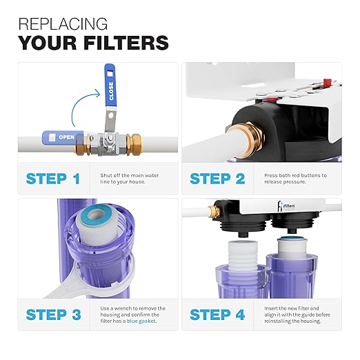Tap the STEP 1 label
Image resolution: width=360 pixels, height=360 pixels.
(52, 179)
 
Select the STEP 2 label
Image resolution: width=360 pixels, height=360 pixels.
(217, 179)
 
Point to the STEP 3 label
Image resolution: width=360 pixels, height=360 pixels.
(53, 315)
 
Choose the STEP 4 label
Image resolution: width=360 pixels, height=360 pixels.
(217, 315)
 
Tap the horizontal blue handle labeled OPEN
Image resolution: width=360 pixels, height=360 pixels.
(61, 136)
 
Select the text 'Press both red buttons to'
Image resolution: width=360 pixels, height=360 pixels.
(295, 175)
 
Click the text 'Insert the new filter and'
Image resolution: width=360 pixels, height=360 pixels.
(295, 308)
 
